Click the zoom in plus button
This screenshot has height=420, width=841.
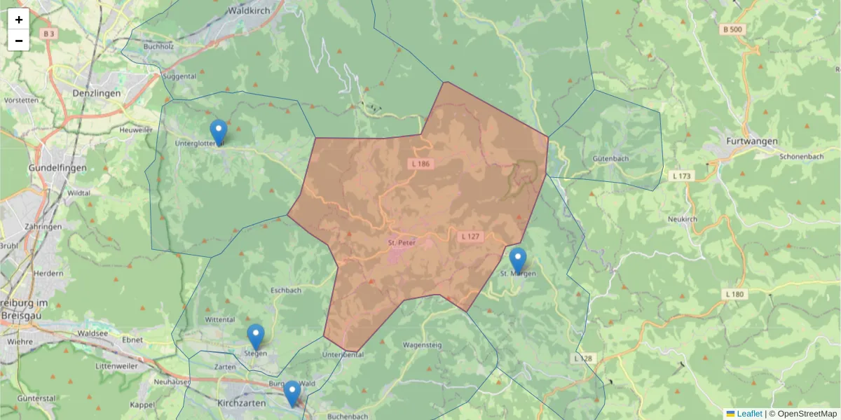coord(19,20)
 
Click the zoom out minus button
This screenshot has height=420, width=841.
coord(19,41)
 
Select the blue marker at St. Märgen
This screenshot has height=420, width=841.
coord(518,260)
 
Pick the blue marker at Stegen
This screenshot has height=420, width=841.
coord(256,337)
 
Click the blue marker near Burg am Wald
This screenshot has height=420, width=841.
coord(292,393)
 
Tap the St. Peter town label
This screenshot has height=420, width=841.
coord(402,243)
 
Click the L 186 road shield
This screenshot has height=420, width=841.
coord(420,164)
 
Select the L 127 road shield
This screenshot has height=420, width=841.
coord(471,237)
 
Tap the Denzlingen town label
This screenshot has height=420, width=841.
coord(97,92)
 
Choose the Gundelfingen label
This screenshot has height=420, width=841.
coord(57,169)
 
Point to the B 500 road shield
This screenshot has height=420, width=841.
coord(732,29)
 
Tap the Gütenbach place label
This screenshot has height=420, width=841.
coord(611,158)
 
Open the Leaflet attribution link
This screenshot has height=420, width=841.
coord(749,414)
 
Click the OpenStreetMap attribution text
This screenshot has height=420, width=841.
coord(807,414)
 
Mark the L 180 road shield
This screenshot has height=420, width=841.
coord(734,294)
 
